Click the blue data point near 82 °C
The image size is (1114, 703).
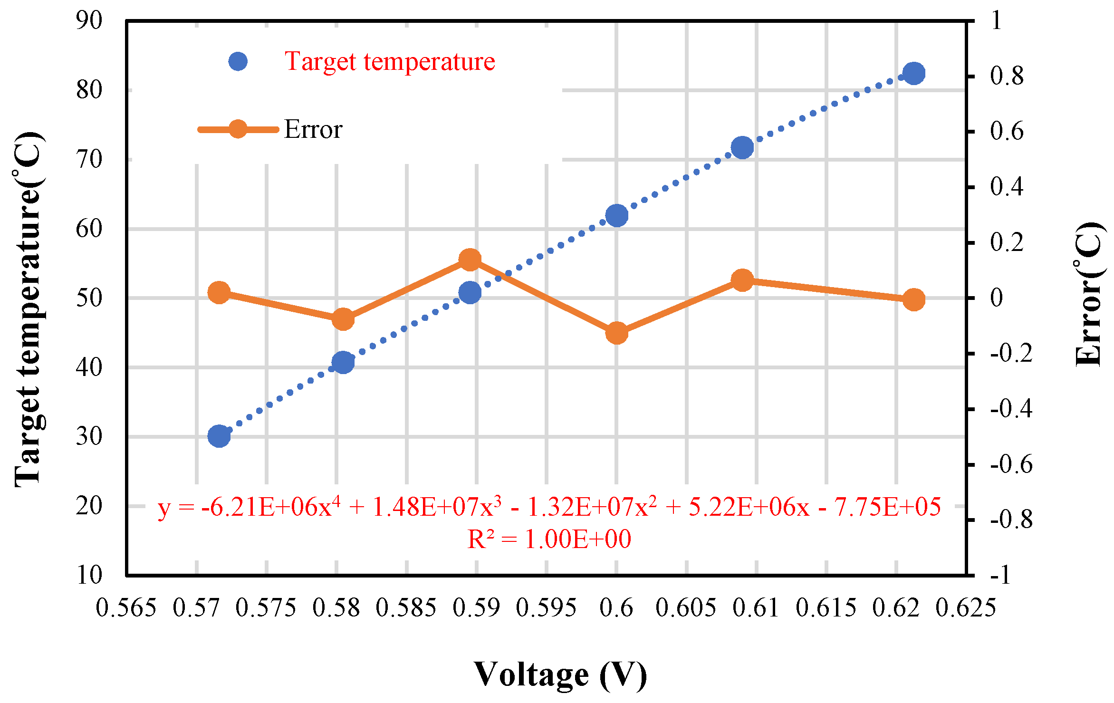(x=913, y=73)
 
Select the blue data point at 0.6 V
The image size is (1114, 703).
(x=616, y=216)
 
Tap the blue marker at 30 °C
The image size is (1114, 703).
(x=219, y=435)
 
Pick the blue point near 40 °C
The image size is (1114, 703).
(x=343, y=363)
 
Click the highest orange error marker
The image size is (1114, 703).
(x=470, y=260)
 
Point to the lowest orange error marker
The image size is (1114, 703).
(x=616, y=333)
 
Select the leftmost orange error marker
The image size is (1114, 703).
(x=219, y=292)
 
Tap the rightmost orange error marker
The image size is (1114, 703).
(x=913, y=300)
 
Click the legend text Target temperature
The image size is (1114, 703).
(x=390, y=62)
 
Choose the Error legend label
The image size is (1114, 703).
(x=313, y=130)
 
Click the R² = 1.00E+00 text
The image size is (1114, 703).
(x=549, y=539)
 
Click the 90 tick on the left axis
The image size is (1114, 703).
(x=89, y=20)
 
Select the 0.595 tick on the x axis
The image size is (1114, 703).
(x=546, y=608)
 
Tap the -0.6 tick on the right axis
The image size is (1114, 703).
(x=1011, y=464)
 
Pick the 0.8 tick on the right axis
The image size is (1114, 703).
(x=1007, y=76)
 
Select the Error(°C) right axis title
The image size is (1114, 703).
(x=1088, y=294)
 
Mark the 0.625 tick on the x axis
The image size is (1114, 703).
(x=966, y=608)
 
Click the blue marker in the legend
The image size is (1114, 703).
(x=238, y=61)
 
